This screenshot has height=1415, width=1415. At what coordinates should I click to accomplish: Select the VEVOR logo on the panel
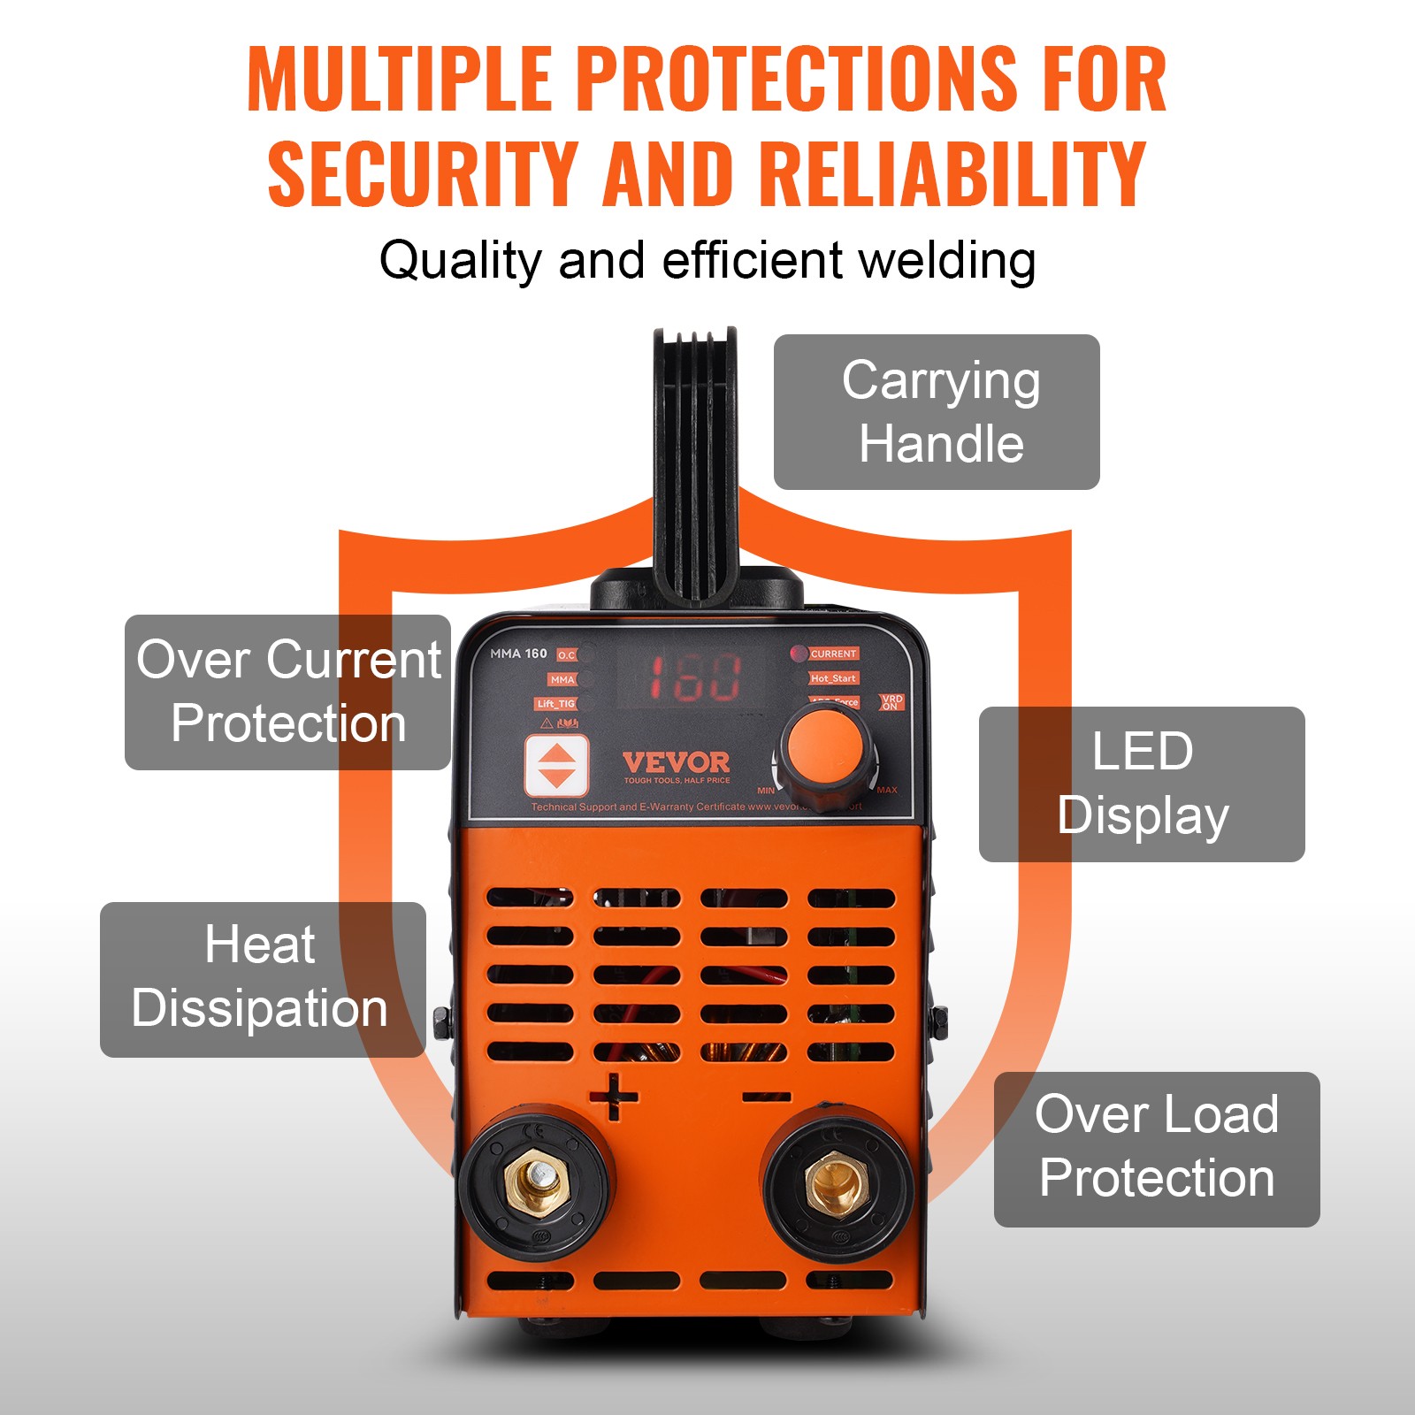point(677,762)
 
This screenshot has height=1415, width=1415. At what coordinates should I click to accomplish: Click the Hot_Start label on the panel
point(833,678)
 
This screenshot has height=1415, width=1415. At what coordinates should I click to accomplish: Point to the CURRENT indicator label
point(833,654)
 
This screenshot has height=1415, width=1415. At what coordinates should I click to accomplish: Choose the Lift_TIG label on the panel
point(555,704)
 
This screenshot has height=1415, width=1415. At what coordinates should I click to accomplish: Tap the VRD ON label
point(891,702)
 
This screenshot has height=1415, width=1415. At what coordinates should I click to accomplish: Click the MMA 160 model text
point(518,654)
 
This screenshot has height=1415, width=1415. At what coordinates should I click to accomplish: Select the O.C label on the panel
point(566,655)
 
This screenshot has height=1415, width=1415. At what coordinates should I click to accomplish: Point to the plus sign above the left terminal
point(614,1098)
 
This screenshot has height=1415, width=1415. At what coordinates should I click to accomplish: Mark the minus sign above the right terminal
point(766,1098)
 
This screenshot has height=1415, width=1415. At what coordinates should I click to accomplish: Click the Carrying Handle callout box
point(937,412)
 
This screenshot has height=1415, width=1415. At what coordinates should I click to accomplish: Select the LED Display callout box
point(1142,784)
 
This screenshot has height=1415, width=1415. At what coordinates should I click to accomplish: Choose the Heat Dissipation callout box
point(263,979)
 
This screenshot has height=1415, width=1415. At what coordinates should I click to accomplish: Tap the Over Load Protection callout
point(1157,1149)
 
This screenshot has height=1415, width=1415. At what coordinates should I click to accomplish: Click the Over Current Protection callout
point(288,692)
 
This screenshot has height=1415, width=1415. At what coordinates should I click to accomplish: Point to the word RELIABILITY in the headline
point(952,174)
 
